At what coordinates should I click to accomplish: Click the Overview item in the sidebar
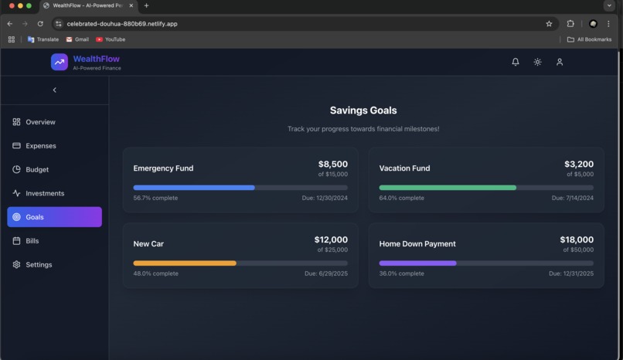(x=40, y=122)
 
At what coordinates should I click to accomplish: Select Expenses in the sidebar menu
(x=41, y=145)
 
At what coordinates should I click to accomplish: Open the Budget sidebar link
(x=37, y=169)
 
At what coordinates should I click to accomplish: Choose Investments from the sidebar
(x=45, y=193)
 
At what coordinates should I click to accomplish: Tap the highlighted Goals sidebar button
(x=54, y=217)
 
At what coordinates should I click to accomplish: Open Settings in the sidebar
(x=39, y=265)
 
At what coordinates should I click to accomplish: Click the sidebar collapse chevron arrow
(x=54, y=90)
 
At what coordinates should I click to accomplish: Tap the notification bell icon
(x=516, y=62)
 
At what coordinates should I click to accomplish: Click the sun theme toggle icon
(x=537, y=62)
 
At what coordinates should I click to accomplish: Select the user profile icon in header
(x=560, y=62)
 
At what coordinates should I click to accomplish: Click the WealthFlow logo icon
(x=60, y=62)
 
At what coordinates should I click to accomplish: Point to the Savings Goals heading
(x=363, y=110)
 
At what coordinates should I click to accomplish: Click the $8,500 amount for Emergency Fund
(x=332, y=164)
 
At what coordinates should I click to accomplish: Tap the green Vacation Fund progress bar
(x=448, y=188)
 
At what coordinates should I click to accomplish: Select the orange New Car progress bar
(x=185, y=263)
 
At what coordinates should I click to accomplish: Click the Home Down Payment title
(x=417, y=244)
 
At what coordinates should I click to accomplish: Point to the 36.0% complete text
(x=401, y=273)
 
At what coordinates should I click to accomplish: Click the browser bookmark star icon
(x=549, y=24)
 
